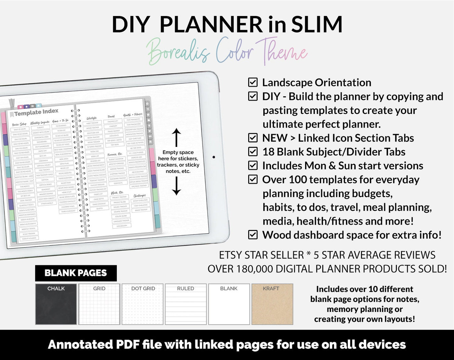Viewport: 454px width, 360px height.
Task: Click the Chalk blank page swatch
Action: click(x=56, y=304)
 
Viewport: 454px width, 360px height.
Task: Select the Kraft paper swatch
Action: click(x=272, y=304)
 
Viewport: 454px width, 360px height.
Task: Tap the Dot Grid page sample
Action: click(x=143, y=304)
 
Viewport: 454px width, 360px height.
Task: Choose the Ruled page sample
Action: click(x=186, y=304)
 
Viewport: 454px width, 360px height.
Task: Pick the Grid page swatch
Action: click(x=99, y=304)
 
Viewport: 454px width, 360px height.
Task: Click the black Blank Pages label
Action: click(x=76, y=273)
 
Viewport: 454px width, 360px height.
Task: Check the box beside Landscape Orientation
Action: click(x=253, y=82)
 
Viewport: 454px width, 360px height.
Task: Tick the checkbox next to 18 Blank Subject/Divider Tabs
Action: click(x=253, y=152)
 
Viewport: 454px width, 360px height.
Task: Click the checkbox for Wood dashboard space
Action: click(x=253, y=235)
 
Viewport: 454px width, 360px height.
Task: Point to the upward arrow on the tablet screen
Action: click(x=177, y=137)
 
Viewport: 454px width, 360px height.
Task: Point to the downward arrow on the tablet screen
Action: click(x=177, y=186)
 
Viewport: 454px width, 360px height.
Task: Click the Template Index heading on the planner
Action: click(x=36, y=112)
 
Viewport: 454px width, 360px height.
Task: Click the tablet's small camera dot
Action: click(x=214, y=157)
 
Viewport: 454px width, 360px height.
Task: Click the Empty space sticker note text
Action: click(x=178, y=162)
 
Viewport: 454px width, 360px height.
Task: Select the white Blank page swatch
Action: click(x=229, y=304)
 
